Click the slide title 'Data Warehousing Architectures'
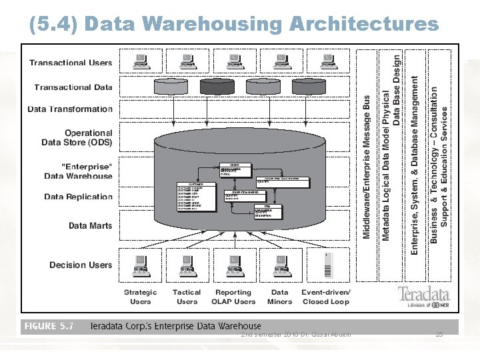(x=234, y=24)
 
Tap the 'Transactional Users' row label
(x=71, y=63)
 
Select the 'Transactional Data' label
(x=73, y=87)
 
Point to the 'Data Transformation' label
(x=70, y=109)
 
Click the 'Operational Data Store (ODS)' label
(x=77, y=137)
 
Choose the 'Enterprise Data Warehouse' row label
(x=78, y=171)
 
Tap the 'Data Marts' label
(x=90, y=225)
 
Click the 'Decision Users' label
(x=81, y=265)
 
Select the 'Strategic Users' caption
(x=140, y=297)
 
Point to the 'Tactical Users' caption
(x=187, y=297)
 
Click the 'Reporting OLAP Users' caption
(x=233, y=297)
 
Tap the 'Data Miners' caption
(x=280, y=297)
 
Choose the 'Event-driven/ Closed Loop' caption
(x=325, y=297)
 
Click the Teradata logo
(x=424, y=295)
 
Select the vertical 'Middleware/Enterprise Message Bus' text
(x=367, y=167)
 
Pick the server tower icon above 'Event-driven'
(x=327, y=265)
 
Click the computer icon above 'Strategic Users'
(x=140, y=265)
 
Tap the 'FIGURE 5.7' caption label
(x=49, y=327)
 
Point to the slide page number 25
(x=439, y=334)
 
